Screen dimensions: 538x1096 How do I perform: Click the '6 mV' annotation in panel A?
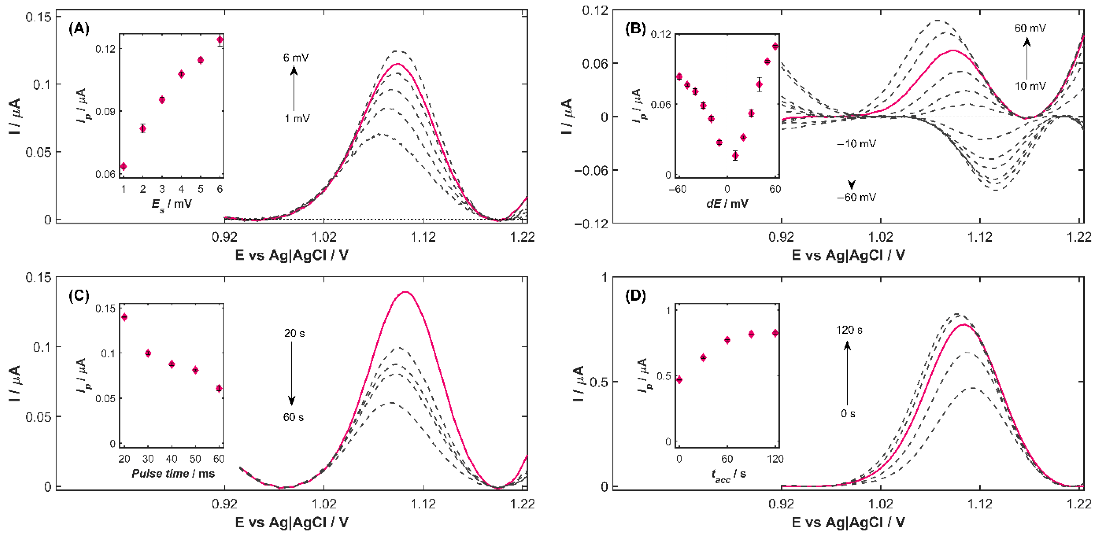[x=296, y=57]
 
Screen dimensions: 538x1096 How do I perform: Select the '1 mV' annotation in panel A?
[x=297, y=118]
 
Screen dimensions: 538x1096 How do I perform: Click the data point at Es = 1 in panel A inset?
[x=123, y=166]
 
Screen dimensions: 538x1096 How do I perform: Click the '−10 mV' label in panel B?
[x=857, y=144]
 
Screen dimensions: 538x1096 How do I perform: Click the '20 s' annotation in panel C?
[x=294, y=333]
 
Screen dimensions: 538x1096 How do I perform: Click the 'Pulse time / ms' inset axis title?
[x=173, y=473]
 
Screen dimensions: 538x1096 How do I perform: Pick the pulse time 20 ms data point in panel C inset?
[x=124, y=317]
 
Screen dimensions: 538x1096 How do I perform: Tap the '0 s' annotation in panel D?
[x=848, y=413]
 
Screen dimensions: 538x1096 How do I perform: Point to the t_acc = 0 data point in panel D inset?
[x=679, y=380]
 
